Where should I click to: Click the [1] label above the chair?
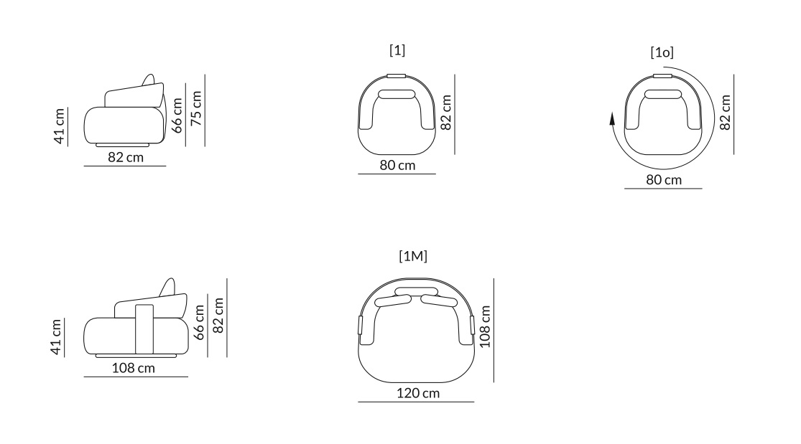pos(397,50)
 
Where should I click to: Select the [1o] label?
pos(662,52)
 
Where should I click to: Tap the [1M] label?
pos(413,255)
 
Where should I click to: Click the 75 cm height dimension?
pos(196,108)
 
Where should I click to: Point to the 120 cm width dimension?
pos(418,393)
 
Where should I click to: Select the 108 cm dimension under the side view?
pos(134,368)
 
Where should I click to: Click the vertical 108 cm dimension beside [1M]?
pos(485,326)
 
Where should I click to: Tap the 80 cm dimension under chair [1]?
pos(397,166)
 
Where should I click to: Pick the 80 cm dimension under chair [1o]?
pos(664,179)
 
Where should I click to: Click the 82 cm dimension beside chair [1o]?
pos(725,113)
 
